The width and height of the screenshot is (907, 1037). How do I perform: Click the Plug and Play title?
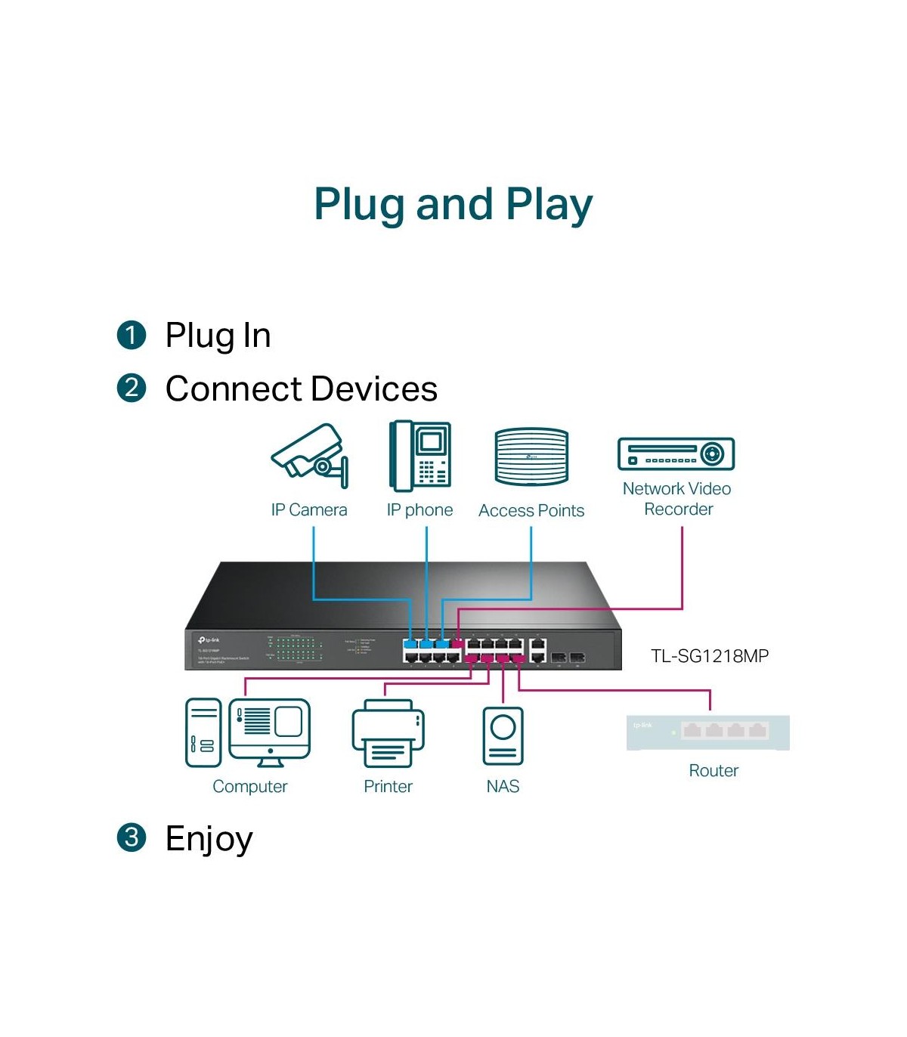(x=453, y=204)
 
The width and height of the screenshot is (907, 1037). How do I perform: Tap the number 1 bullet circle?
(x=132, y=335)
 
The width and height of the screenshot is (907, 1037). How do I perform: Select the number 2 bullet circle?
(x=132, y=388)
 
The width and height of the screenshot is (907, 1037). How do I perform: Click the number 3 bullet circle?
(x=132, y=837)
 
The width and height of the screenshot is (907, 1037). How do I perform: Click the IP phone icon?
(x=420, y=456)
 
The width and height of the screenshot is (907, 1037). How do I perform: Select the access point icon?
(x=531, y=457)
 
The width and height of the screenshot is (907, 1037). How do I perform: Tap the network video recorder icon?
(x=676, y=453)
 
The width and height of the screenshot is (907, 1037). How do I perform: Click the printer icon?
(x=388, y=733)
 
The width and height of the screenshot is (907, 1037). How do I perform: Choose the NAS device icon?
(x=503, y=735)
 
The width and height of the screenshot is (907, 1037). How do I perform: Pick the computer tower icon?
(x=203, y=732)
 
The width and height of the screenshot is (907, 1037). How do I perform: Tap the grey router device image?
(x=708, y=732)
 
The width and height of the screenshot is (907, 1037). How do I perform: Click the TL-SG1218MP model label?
(x=710, y=656)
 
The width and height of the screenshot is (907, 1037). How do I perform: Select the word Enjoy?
(x=209, y=839)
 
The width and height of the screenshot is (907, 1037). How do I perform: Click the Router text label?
(x=714, y=771)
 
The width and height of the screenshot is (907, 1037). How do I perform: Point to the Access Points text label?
(x=531, y=511)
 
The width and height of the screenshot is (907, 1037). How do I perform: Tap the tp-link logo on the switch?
(x=209, y=640)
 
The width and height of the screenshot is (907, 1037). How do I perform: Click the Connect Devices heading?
(x=301, y=389)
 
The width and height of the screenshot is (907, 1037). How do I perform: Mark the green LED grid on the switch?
(x=299, y=649)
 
